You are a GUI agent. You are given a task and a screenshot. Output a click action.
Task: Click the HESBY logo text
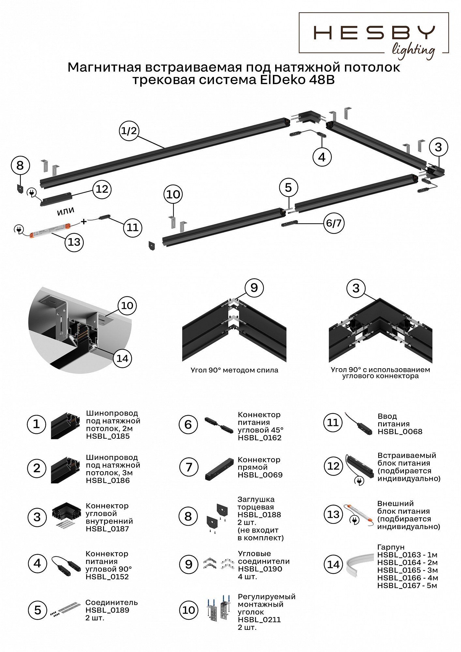374,33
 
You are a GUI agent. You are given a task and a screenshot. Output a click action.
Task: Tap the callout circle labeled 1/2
129,131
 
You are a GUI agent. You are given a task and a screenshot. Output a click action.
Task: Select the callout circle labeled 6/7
334,223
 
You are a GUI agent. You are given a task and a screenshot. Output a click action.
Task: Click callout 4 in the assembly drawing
322,157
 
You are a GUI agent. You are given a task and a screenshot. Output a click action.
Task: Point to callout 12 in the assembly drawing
102,189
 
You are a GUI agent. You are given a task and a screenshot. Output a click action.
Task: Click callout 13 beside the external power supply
74,242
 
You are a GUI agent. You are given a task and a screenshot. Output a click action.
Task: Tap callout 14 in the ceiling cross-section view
122,358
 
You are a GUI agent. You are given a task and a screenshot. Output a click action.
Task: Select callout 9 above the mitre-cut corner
254,288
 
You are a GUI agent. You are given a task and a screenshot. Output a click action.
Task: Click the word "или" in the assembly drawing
66,211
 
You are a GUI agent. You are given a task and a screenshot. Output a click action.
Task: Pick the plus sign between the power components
84,222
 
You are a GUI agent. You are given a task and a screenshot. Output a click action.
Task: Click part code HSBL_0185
108,436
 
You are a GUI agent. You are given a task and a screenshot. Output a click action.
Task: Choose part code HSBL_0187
108,529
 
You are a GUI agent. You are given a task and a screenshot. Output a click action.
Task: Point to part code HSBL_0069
260,475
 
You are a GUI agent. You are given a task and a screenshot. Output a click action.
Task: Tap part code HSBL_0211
259,620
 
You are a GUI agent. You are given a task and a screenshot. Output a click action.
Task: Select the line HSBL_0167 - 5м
407,586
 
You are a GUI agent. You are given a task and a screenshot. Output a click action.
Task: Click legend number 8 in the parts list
188,516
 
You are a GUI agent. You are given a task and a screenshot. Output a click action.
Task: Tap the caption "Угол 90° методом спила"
234,370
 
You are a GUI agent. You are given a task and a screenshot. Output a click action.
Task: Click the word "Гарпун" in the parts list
391,547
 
